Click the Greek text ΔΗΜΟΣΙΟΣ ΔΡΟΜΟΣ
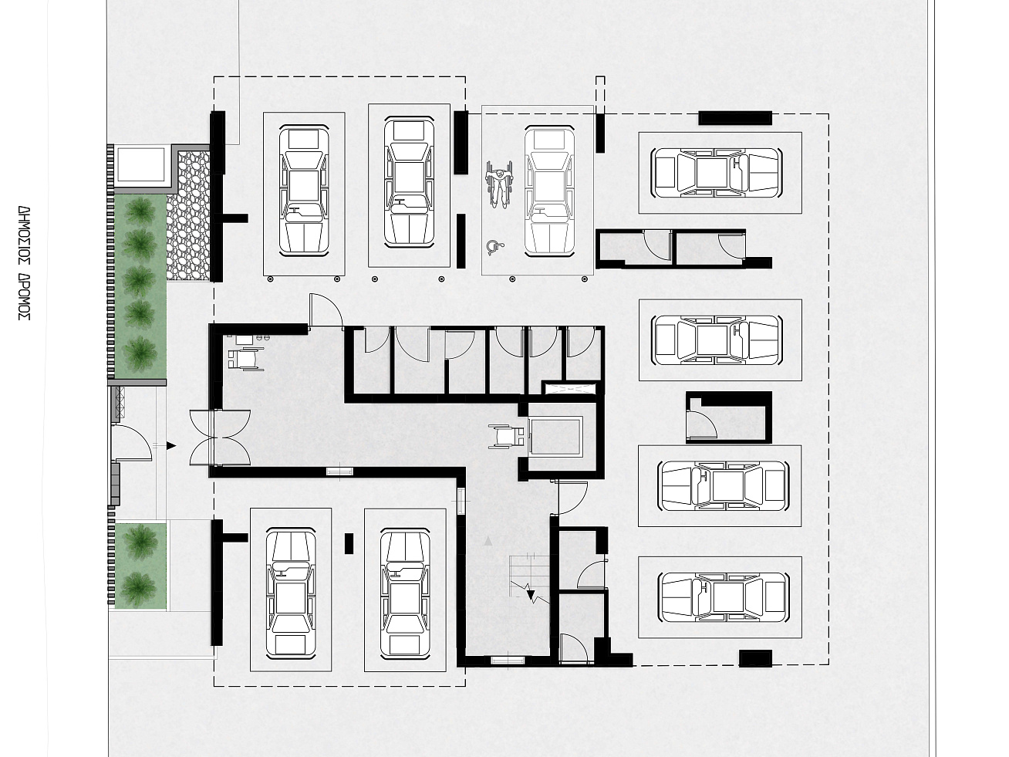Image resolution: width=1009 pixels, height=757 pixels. pos(25,263)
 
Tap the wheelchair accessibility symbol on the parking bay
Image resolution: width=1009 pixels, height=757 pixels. pos(494,247)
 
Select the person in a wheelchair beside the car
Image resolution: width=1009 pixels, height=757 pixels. pos(499,184)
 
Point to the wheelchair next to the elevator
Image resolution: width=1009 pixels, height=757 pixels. pos(506,436)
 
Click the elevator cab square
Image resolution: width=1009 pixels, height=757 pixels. pos(555,436)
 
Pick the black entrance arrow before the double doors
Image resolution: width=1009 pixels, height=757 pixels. pos(171,445)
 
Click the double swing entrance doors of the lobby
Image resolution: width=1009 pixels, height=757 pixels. pos(220,438)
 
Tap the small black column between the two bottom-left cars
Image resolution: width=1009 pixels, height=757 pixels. pos(349,543)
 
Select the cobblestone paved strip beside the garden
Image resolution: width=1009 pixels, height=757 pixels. pos(188,215)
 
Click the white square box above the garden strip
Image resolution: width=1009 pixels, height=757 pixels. pos(141,164)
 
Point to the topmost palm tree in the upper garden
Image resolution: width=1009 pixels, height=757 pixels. pos(140,211)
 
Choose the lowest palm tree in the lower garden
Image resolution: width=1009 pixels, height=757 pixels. pos(138,588)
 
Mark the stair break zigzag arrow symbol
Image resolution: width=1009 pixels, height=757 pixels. pos(530,592)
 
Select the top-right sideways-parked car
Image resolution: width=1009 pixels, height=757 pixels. pos(717,173)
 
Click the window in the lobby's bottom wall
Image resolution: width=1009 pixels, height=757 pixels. pos(339,471)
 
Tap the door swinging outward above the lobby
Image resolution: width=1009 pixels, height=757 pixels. pos(326,311)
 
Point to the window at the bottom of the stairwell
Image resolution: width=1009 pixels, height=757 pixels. pos(508,661)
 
